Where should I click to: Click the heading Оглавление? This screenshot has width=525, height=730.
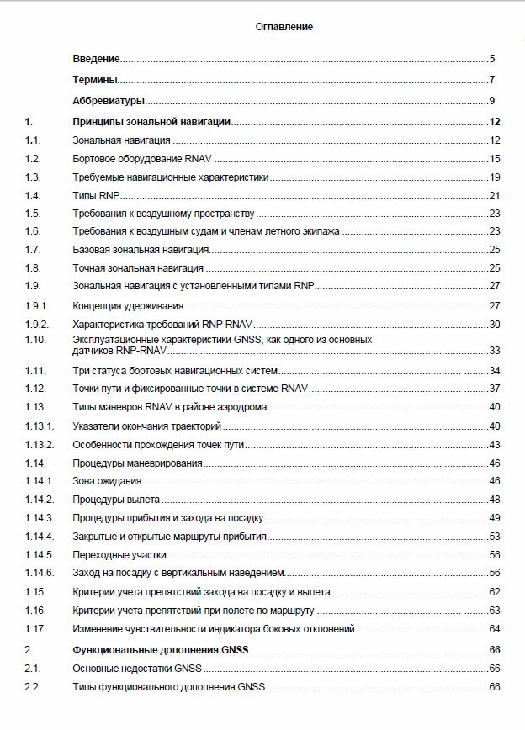284,27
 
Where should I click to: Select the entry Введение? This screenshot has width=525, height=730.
96,59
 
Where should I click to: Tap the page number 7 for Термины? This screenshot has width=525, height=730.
491,81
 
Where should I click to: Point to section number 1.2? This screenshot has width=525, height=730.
34,158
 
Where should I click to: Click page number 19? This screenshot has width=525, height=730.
495,177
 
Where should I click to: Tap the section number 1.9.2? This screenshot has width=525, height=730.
38,324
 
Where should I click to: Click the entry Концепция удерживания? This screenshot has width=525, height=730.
129,305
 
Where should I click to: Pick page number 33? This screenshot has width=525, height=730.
495,351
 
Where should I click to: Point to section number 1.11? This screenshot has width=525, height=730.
35,371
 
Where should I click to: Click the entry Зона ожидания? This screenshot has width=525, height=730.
107,481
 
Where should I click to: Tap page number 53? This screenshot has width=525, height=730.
495,536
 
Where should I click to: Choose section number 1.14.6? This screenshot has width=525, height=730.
40,573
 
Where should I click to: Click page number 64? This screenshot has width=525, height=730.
495,628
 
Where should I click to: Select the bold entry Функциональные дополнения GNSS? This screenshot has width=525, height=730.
165,650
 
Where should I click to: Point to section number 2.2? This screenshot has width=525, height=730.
33,687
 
